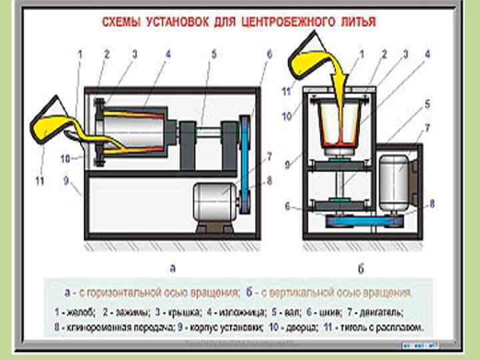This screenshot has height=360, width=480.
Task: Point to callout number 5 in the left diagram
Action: [x=214, y=55]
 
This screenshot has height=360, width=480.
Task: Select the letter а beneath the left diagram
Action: [x=172, y=269]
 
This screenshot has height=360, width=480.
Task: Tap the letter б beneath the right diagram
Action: [x=360, y=269]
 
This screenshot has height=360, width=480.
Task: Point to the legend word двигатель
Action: [x=395, y=311]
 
